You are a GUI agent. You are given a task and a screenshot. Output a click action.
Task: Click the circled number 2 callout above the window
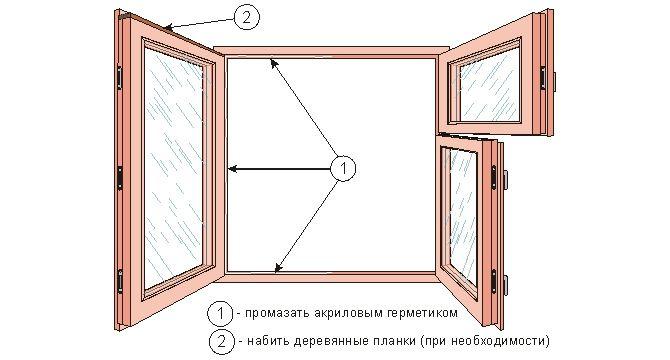(x=246, y=16)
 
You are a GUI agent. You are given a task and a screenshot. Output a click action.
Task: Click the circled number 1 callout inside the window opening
(x=342, y=168)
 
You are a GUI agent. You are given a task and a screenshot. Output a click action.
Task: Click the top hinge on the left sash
(x=122, y=76)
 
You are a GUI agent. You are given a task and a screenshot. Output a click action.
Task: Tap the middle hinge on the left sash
(x=122, y=176)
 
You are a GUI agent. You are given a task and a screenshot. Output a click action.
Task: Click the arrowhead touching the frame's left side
(x=231, y=168)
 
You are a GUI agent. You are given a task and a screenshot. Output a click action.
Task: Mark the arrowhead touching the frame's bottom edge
(x=279, y=266)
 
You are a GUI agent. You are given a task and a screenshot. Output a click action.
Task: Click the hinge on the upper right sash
(x=546, y=74)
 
